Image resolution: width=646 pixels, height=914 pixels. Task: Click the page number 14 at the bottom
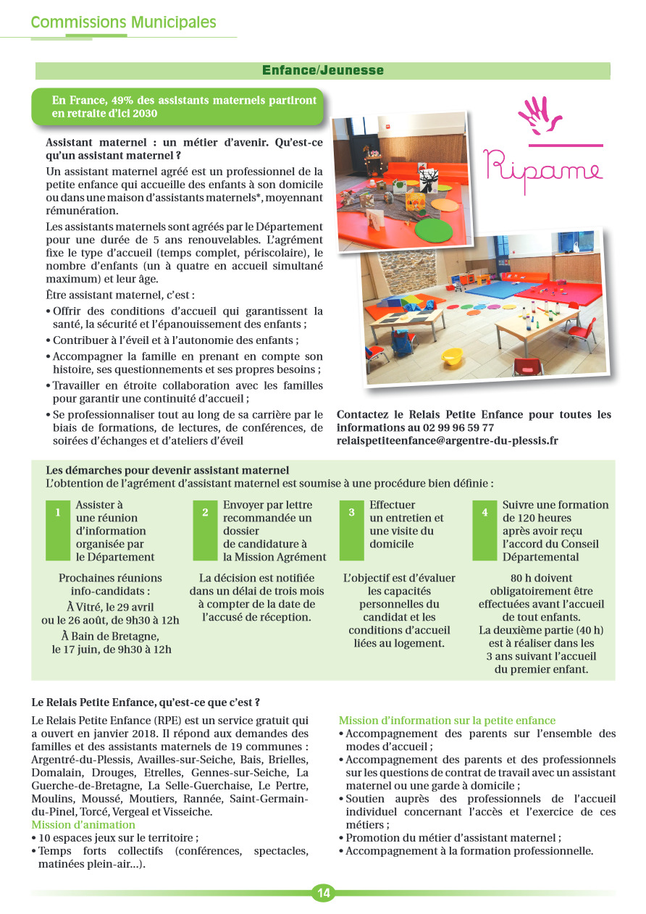[323, 893]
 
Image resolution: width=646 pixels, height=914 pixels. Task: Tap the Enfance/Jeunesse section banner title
[323, 70]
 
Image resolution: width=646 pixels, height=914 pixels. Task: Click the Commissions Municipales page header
[124, 22]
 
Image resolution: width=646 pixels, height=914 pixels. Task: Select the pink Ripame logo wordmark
[542, 167]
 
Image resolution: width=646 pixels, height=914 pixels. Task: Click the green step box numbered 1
[58, 530]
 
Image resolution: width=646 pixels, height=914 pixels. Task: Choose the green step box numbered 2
[206, 530]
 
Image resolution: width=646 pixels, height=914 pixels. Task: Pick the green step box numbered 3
[352, 530]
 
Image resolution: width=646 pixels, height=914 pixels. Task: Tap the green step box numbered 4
[485, 530]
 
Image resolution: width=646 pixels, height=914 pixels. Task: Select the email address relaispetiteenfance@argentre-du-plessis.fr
[448, 440]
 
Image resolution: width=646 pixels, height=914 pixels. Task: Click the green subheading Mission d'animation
[83, 824]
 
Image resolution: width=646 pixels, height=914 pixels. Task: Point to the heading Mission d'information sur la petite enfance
[447, 720]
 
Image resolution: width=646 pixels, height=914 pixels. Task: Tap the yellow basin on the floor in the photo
[452, 356]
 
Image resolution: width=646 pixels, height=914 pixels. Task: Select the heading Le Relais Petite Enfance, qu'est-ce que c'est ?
[146, 702]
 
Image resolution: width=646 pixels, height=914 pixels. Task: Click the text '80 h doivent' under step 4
[541, 578]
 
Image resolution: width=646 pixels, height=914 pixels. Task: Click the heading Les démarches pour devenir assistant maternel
[167, 470]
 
